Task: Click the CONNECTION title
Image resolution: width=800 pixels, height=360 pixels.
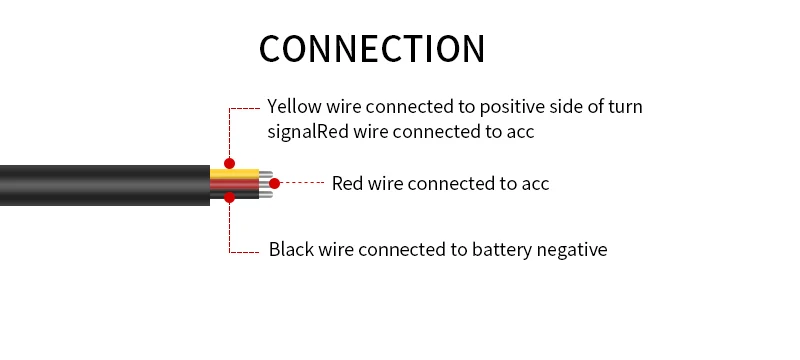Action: pos(372,49)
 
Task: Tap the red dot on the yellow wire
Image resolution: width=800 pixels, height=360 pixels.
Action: pos(230,164)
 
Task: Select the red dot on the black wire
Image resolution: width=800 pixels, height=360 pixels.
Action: pos(230,197)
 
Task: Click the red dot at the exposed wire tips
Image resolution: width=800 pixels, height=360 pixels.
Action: pos(274,183)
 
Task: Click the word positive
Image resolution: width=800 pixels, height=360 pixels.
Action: pos(512,107)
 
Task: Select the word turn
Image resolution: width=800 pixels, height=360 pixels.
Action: pos(626,107)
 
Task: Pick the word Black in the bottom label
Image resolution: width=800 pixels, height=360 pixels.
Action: pos(291,249)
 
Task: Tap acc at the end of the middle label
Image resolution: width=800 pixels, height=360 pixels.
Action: pos(535,185)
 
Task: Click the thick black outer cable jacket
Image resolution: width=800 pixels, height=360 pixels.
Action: pos(105,185)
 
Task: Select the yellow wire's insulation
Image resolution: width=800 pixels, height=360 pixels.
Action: pos(235,174)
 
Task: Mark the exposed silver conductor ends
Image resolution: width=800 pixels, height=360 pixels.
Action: pos(266,185)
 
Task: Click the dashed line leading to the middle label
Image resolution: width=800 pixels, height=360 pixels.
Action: pos(302,182)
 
